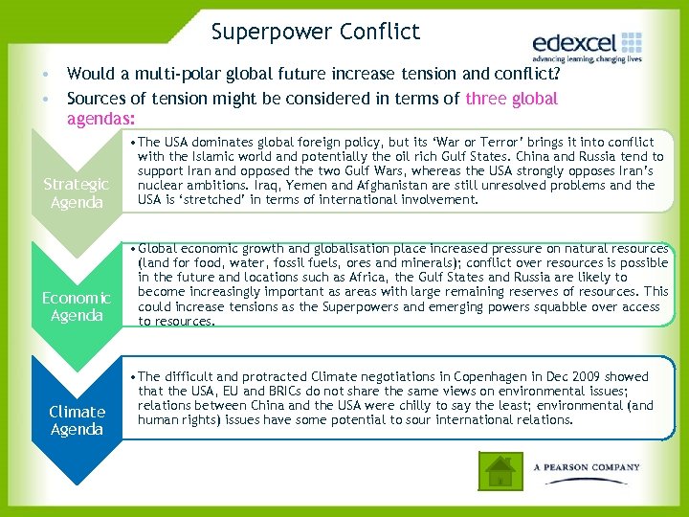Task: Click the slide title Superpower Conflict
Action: (316, 32)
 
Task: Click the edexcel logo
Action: (587, 44)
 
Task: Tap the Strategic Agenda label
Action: (77, 192)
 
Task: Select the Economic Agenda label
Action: (77, 306)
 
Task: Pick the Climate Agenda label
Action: (77, 420)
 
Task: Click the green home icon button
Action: (499, 470)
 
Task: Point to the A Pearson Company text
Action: (587, 467)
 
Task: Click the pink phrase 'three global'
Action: (511, 99)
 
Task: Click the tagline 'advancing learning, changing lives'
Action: (587, 59)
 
